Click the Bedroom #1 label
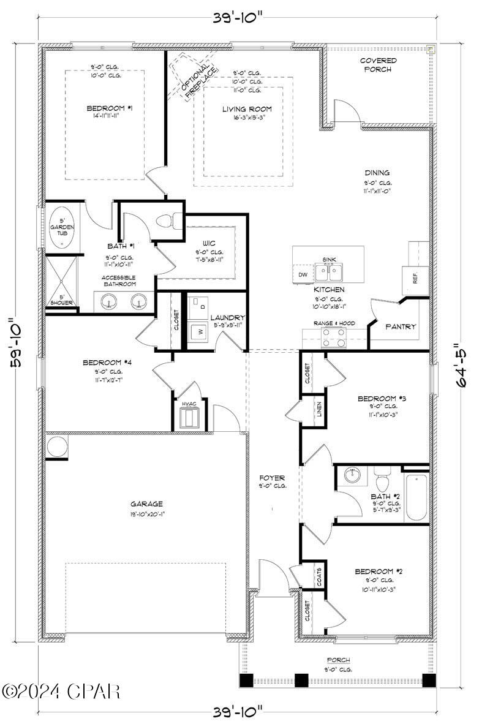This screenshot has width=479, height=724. tap(105, 108)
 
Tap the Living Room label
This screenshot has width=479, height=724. tap(246, 109)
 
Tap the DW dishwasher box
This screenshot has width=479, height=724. tap(303, 275)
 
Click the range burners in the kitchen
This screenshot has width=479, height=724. tap(334, 338)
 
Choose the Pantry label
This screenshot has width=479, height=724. tap(400, 326)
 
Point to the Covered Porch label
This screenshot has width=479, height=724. tap(377, 65)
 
